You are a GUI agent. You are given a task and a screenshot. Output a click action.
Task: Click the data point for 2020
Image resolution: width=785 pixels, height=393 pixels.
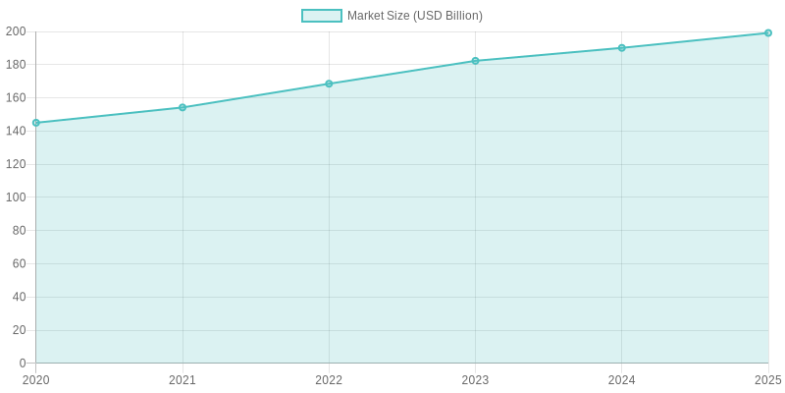point(36,123)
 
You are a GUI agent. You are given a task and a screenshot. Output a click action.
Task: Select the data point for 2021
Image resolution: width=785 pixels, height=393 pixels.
point(183,107)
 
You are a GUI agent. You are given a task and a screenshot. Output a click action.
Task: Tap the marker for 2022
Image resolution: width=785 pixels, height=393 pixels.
point(329,84)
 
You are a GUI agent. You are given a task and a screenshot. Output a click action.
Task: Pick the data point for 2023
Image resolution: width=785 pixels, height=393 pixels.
point(475,61)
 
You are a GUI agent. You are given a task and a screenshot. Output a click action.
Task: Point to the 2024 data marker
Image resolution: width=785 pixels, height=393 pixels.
point(621,48)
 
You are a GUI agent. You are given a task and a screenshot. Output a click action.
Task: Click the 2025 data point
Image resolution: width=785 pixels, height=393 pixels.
point(767,33)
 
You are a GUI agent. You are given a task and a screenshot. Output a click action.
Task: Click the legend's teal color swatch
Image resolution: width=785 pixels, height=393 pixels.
point(322,16)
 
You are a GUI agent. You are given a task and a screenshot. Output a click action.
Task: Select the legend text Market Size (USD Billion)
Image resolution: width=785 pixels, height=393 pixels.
point(414,16)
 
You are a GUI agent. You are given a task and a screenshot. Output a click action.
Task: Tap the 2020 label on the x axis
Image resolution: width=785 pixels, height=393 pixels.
point(36,380)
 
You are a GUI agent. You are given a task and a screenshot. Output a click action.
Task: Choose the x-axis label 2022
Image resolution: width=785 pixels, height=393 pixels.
point(329,380)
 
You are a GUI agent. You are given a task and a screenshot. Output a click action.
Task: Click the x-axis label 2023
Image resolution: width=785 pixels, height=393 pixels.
point(475,380)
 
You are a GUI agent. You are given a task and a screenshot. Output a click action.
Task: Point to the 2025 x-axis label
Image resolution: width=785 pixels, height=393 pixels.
point(767,380)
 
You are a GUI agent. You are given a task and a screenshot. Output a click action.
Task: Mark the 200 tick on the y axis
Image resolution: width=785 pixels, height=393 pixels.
point(16,31)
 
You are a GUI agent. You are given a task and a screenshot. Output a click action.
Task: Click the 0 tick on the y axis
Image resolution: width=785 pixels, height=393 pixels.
point(23,364)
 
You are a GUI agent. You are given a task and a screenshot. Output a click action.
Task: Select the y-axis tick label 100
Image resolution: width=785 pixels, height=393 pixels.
point(16,197)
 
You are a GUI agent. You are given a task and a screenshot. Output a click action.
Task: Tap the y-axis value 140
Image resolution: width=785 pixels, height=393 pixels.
point(16,131)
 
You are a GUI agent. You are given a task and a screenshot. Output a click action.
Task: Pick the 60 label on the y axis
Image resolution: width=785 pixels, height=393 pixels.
point(19,263)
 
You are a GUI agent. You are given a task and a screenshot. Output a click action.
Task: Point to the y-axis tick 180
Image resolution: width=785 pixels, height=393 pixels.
point(16,65)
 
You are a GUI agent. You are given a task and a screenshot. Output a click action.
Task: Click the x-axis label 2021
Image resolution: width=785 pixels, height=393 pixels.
point(183,380)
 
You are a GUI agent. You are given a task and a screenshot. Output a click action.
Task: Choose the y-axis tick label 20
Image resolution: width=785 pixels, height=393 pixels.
point(19,330)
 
